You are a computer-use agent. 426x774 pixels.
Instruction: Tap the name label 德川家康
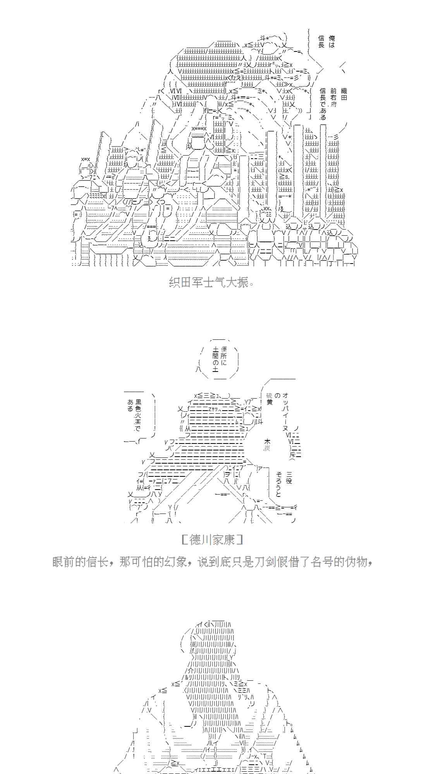[x=212, y=539]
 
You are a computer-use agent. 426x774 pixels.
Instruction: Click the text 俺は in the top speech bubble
[x=332, y=41]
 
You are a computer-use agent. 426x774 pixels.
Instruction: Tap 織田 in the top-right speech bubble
[x=344, y=94]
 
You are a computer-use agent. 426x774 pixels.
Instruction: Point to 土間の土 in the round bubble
[x=215, y=360]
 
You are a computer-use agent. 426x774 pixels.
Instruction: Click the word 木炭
[x=267, y=445]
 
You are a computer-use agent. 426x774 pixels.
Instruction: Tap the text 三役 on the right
[x=289, y=478]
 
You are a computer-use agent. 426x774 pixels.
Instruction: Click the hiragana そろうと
[x=278, y=484]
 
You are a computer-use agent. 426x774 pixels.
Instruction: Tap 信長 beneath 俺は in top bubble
[x=321, y=41]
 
